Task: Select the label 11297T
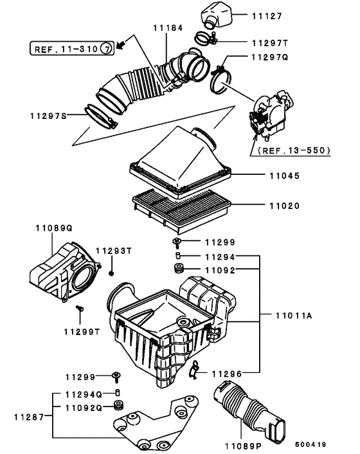[x=268, y=42]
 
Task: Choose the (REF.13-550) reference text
[x=293, y=150]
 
